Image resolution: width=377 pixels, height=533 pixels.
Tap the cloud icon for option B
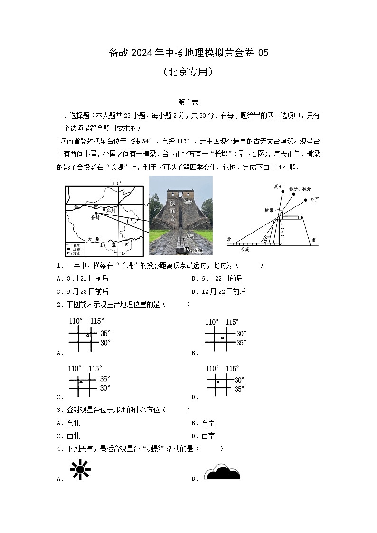pyautogui.click(x=222, y=472)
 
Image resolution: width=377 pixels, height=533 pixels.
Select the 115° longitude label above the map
pyautogui.click(x=116, y=183)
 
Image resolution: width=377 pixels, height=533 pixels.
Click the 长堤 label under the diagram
pyautogui.click(x=245, y=249)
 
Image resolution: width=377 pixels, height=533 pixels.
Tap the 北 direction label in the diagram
pyautogui.click(x=229, y=240)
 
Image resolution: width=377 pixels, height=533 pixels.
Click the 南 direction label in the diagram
pyautogui.click(x=314, y=240)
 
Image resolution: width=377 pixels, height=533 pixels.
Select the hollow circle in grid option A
pyautogui.click(x=88, y=336)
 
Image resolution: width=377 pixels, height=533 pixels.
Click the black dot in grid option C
pyautogui.click(x=81, y=382)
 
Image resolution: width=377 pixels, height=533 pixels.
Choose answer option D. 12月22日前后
pyautogui.click(x=219, y=291)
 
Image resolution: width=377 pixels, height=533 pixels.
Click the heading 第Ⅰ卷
pyautogui.click(x=188, y=102)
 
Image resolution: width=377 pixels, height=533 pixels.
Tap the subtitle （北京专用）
pyautogui.click(x=188, y=72)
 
